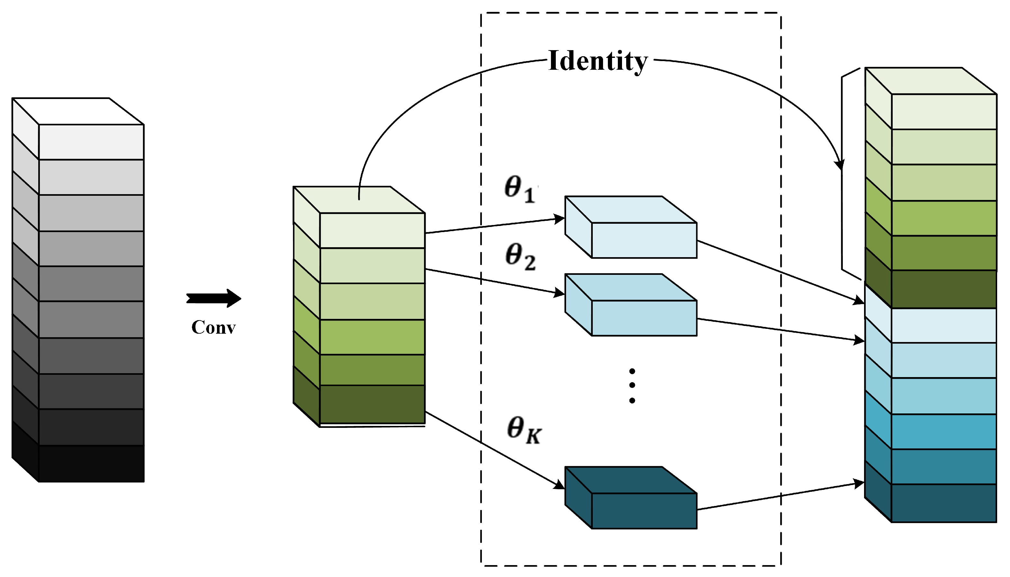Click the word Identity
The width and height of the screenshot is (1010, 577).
pos(597,61)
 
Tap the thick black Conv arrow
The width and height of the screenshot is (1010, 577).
pos(214,298)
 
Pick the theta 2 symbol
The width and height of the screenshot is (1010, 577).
pos(520,257)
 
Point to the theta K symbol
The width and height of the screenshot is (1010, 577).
pos(523,430)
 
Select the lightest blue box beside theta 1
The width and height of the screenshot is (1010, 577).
pos(644,240)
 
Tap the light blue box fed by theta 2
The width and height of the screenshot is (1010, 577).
pos(644,318)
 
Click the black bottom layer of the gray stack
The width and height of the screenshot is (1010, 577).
pos(91,463)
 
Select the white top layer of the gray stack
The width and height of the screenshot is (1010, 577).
pos(91,142)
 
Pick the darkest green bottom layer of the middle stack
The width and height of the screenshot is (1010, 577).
pos(372,404)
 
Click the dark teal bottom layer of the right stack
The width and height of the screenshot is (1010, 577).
pos(943,502)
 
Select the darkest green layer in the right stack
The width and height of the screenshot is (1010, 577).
pos(943,289)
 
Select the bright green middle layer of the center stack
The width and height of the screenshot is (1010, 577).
pos(372,337)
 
